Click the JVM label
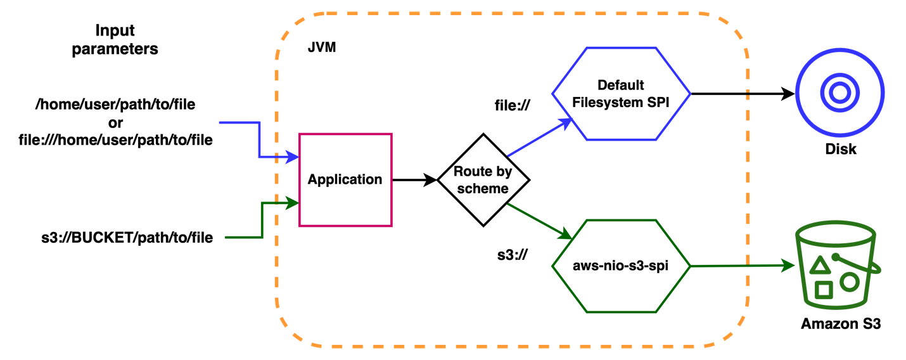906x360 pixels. pyautogui.click(x=321, y=48)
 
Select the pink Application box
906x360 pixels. pyautogui.click(x=345, y=180)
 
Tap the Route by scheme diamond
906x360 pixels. pyautogui.click(x=483, y=180)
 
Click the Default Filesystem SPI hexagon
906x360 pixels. pyautogui.click(x=620, y=93)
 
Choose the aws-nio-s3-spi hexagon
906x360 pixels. pyautogui.click(x=620, y=266)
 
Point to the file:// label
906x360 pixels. pyautogui.click(x=511, y=105)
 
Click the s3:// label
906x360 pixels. pyautogui.click(x=513, y=255)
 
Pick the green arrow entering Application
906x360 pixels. pyautogui.click(x=262, y=219)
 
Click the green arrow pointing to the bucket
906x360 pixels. pyautogui.click(x=741, y=266)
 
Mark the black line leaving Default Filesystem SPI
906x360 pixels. pyautogui.click(x=720, y=93)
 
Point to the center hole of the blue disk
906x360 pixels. pyautogui.click(x=840, y=93)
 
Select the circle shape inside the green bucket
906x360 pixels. pyautogui.click(x=850, y=282)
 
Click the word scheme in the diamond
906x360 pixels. pyautogui.click(x=483, y=189)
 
